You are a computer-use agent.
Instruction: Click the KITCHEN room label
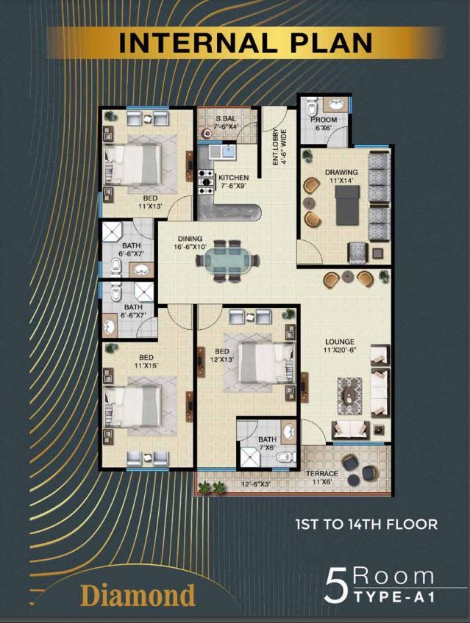click(x=233, y=178)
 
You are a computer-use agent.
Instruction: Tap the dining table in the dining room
click(x=227, y=261)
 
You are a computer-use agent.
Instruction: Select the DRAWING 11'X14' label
click(x=341, y=176)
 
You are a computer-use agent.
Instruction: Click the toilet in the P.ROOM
click(x=312, y=107)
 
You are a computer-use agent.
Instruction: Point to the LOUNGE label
click(x=340, y=342)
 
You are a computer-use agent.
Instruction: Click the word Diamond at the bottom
click(x=138, y=595)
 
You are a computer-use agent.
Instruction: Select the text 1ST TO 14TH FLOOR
click(x=366, y=524)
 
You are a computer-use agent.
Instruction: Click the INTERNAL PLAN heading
click(x=246, y=43)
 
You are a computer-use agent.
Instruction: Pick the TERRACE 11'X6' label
click(x=322, y=478)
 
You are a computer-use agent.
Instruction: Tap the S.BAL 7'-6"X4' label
click(x=226, y=123)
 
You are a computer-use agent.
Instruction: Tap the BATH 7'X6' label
click(x=267, y=443)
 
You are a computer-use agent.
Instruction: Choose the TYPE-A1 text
click(x=394, y=597)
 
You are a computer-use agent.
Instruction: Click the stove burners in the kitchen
click(x=206, y=182)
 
